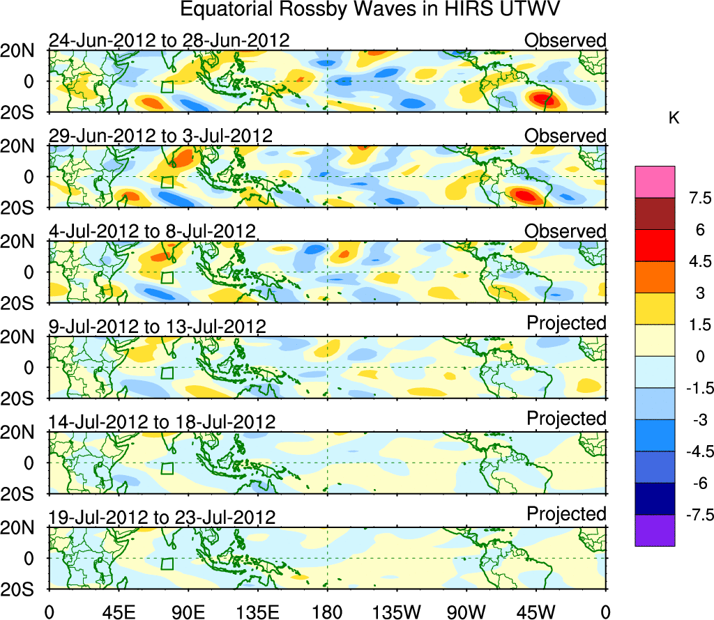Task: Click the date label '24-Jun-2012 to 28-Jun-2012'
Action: coord(169,40)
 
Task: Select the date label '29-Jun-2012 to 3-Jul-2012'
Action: coord(160,135)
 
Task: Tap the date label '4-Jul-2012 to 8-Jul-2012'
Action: coord(152,231)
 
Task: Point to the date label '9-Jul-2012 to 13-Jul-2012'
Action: coord(157,326)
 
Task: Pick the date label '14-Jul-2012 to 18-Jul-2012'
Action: coord(162,421)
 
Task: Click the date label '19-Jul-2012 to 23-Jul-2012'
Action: coord(162,517)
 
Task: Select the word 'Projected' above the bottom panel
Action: coord(566,514)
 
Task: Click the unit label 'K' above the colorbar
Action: coord(674,119)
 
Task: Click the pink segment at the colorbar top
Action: coord(655,182)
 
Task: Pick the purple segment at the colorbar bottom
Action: coord(655,530)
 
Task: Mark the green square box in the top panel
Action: coord(167,86)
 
